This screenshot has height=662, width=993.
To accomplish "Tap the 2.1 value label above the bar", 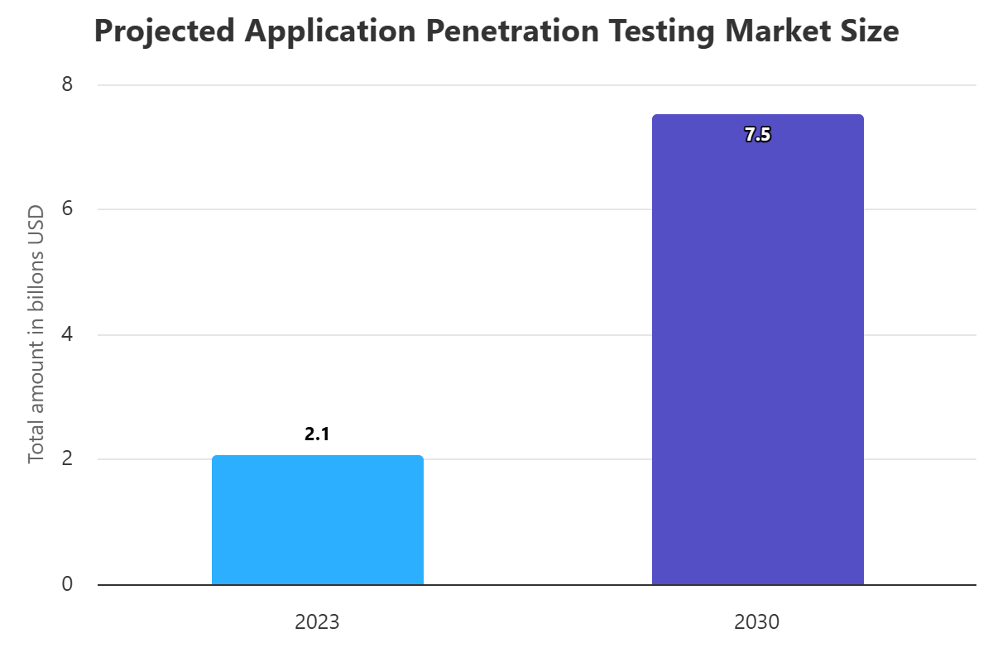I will coord(317,434).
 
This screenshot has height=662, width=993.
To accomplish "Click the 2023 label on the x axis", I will coord(317,622).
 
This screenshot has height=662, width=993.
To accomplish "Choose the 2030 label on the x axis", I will coord(757,622).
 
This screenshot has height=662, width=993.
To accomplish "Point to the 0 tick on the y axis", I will coord(67,584).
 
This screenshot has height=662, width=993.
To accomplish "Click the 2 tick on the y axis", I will coord(67,459).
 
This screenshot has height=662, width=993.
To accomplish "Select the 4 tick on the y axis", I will coord(67,334).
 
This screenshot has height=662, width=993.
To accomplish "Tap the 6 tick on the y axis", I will coord(67,209).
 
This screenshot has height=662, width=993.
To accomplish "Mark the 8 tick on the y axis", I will coord(67,84).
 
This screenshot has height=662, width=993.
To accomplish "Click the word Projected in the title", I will coord(165,31).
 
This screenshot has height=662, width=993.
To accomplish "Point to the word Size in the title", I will coord(868,31).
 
